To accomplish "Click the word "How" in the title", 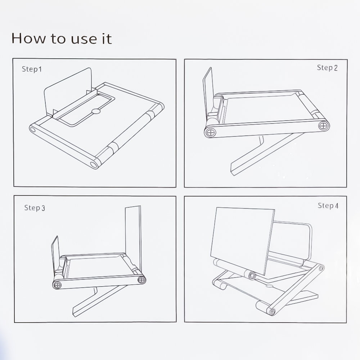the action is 29,38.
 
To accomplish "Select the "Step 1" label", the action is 32,69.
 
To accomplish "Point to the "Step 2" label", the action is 327,68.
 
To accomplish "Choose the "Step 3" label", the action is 35,208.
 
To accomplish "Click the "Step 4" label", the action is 328,206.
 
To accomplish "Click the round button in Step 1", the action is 96,111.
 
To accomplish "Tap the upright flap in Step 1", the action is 68,92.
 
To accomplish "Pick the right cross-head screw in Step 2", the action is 323,126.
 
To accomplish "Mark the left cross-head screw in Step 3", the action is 57,285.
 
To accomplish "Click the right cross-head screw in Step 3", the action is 141,280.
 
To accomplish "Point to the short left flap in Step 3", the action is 55,255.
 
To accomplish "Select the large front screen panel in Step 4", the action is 242,240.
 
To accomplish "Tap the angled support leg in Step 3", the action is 99,301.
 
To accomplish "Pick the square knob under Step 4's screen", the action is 252,275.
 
